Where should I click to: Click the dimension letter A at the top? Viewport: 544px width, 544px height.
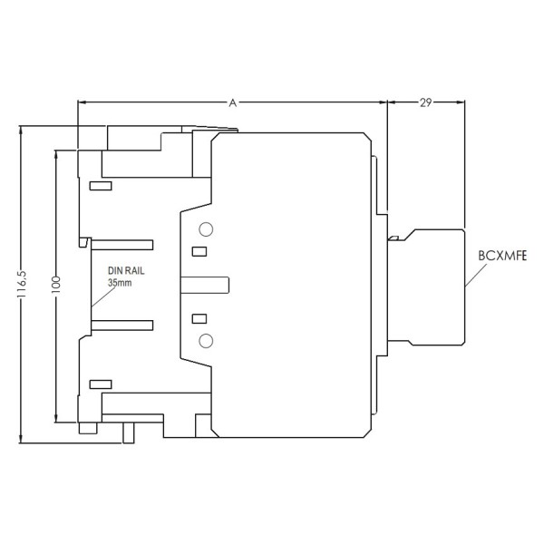point(232,103)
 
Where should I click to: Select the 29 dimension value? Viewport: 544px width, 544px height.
point(424,103)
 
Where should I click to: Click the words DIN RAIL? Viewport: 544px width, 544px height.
point(126,271)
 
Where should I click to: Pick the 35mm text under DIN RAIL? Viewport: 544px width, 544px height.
point(120,284)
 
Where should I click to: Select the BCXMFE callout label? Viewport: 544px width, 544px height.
point(502,257)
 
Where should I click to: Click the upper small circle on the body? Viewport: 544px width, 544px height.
point(206,229)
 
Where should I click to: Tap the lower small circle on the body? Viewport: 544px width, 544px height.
point(206,340)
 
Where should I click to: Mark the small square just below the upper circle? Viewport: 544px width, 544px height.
point(199,251)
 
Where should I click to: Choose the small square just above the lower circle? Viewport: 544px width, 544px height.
point(199,318)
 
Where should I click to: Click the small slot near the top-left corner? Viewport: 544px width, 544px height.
point(100,186)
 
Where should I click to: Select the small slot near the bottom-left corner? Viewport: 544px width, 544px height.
point(100,384)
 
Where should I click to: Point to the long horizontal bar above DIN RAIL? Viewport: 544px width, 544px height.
point(121,245)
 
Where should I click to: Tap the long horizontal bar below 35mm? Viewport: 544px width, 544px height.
point(121,324)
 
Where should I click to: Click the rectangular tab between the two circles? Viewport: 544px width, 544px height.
point(205,285)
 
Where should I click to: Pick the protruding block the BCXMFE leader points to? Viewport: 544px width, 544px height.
point(433,286)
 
